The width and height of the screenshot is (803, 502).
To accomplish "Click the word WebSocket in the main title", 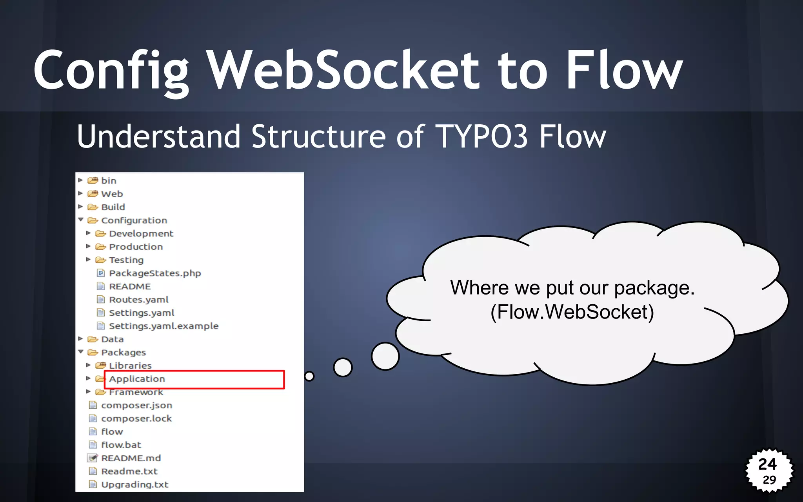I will [343, 71].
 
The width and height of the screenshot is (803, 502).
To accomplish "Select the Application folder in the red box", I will [137, 379].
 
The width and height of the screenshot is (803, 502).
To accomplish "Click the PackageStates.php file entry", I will [154, 273].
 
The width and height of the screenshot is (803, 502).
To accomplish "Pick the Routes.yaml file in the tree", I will [138, 300].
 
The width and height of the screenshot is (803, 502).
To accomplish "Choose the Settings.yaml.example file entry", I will [163, 326].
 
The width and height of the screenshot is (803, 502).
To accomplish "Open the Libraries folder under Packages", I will [130, 366].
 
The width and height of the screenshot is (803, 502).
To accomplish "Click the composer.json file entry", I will [136, 405].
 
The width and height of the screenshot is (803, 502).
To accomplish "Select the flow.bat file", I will [121, 445].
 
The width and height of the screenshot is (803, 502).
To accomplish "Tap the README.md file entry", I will [131, 458].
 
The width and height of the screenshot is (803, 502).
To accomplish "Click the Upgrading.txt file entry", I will [134, 484].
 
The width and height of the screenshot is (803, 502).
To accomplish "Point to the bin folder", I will [108, 180].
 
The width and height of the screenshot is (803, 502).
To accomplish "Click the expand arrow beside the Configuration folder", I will [81, 220].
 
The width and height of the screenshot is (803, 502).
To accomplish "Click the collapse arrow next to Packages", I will [81, 352].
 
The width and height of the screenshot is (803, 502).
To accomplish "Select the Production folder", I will [135, 247].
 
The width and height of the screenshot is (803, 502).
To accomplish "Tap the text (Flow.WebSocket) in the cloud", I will [572, 312].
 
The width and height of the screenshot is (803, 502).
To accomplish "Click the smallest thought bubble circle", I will [309, 376].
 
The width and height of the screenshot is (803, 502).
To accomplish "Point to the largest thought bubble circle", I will [385, 356].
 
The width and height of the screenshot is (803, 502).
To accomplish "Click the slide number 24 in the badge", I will [767, 464].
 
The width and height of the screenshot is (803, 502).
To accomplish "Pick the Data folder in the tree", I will [112, 339].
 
